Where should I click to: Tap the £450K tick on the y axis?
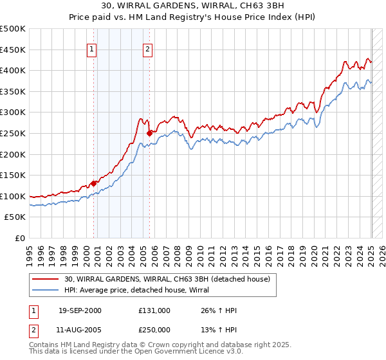pyautogui.click(x=13, y=50)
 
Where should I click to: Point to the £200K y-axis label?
pyautogui.click(x=13, y=154)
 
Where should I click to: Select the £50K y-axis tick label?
pyautogui.click(x=15, y=217)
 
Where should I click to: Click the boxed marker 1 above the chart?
pyautogui.click(x=91, y=49)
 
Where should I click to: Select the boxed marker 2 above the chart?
pyautogui.click(x=147, y=49)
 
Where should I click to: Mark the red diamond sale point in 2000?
pyautogui.click(x=94, y=183)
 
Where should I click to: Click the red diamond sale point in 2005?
pyautogui.click(x=150, y=133)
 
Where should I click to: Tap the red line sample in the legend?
pyautogui.click(x=46, y=279)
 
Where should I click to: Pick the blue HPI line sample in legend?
pyautogui.click(x=46, y=291)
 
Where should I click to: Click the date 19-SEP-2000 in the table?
pyautogui.click(x=80, y=310)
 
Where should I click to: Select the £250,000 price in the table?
pyautogui.click(x=154, y=330)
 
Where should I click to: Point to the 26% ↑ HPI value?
pyautogui.click(x=219, y=310)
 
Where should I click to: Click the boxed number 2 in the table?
pyautogui.click(x=33, y=330)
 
